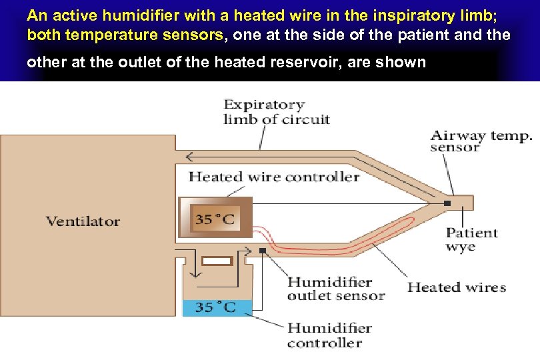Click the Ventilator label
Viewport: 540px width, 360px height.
(83, 221)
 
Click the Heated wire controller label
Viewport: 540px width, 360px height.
(274, 177)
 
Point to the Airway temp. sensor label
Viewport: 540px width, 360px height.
(481, 141)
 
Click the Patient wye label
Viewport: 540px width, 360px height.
(471, 239)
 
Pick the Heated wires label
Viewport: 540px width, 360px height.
(457, 287)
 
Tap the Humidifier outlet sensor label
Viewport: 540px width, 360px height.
(336, 289)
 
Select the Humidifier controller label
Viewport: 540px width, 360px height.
(329, 335)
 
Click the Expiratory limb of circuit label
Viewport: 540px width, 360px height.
(276, 112)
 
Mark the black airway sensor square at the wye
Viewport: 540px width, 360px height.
(448, 203)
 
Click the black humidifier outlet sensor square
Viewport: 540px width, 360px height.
(263, 251)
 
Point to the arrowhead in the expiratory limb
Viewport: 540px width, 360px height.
(191, 157)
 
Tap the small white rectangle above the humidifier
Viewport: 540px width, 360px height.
(217, 261)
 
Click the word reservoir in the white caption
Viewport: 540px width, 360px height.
(355, 62)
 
